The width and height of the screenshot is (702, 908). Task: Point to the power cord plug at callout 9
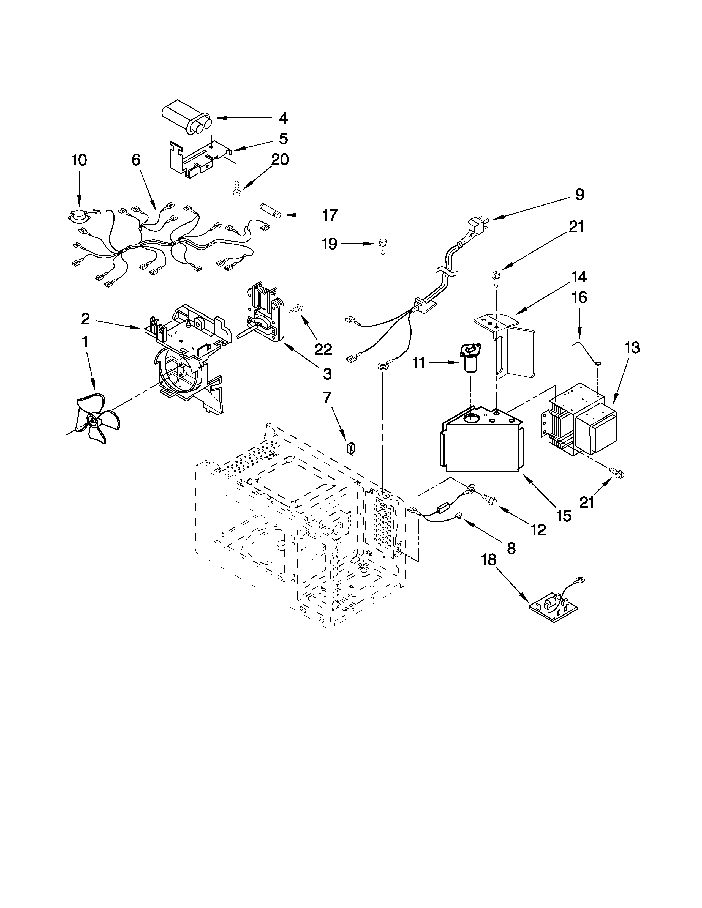pyautogui.click(x=475, y=228)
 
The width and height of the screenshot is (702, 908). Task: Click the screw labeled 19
pyautogui.click(x=382, y=248)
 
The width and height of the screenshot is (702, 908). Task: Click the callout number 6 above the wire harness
pyautogui.click(x=136, y=160)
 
